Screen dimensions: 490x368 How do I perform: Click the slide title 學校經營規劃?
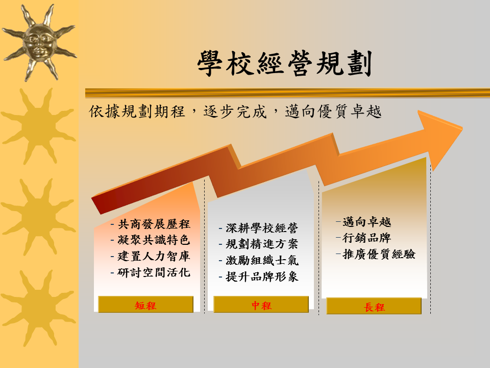[284, 63]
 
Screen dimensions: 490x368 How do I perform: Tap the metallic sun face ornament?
[39, 43]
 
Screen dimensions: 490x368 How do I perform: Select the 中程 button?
[261, 305]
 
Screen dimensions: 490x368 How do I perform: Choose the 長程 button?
[374, 306]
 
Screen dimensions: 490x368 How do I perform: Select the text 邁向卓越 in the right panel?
[367, 222]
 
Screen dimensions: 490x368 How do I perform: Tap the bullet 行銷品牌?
[367, 238]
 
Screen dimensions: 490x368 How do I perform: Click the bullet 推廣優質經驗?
[379, 254]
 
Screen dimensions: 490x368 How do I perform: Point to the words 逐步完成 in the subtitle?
[235, 112]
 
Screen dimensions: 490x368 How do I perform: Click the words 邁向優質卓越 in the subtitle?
[333, 112]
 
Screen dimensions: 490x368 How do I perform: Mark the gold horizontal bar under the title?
[287, 93]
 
